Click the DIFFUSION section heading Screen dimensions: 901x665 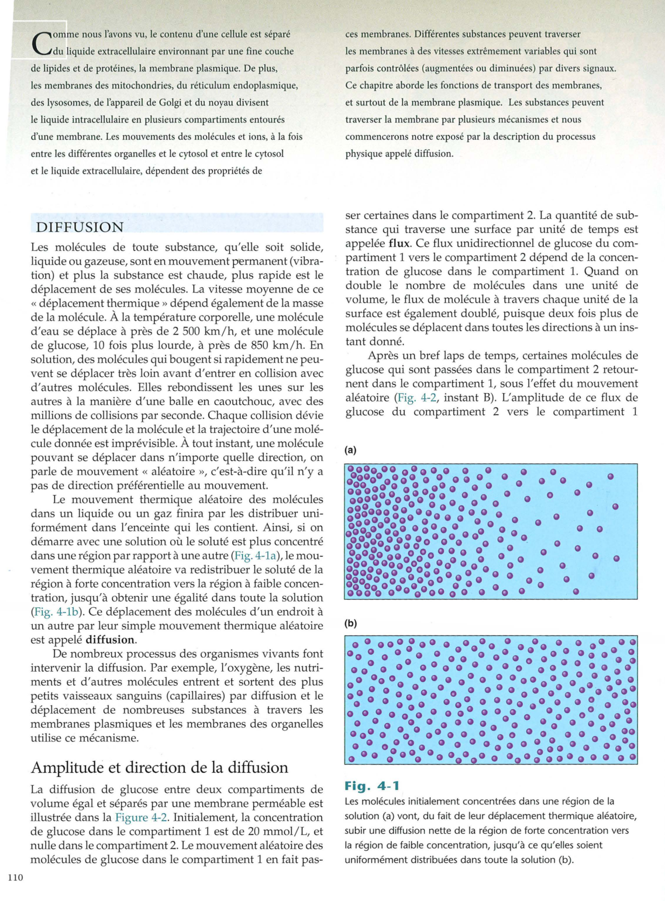coord(80,228)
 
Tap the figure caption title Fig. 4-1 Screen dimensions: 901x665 coord(372,786)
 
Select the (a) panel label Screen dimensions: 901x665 coord(351,450)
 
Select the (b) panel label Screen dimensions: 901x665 coord(351,623)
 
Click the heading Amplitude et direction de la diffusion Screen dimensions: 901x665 coord(159,767)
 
